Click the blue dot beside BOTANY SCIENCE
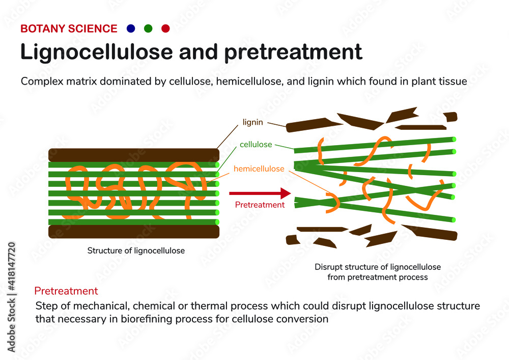(131, 29)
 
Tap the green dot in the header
(148, 29)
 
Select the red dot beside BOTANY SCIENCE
(165, 29)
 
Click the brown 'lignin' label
(253, 123)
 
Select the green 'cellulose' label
(256, 145)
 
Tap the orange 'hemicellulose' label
(259, 169)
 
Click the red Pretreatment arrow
(260, 193)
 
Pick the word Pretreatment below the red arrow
(260, 205)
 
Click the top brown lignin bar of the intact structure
(133, 155)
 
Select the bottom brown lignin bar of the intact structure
(133, 232)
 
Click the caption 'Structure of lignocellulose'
(136, 251)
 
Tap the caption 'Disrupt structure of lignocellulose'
(377, 267)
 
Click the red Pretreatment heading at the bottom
(66, 291)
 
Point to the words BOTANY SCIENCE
(69, 29)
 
